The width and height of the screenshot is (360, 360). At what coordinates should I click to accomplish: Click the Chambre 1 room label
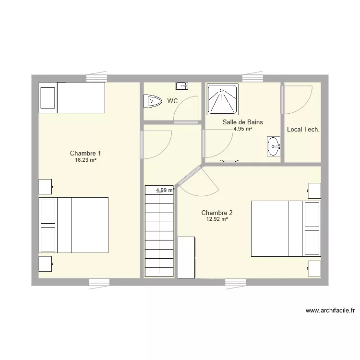(x=85, y=153)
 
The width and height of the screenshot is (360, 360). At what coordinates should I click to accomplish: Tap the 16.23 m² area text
(x=85, y=160)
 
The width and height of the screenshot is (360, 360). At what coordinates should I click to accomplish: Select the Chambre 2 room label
(x=217, y=213)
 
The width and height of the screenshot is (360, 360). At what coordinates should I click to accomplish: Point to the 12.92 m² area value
(x=217, y=219)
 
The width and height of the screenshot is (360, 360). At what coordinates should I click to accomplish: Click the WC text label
(x=172, y=101)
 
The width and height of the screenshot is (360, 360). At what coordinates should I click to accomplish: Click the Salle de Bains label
(x=242, y=122)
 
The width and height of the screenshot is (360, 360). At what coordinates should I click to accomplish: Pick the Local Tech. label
(x=303, y=129)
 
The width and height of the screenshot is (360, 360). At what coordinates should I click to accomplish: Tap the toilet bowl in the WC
(x=152, y=101)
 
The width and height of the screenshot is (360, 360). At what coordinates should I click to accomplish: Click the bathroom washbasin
(x=274, y=146)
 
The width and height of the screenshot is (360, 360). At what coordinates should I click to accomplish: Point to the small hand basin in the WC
(x=182, y=86)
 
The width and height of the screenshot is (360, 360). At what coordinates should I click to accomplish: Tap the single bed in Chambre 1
(x=72, y=97)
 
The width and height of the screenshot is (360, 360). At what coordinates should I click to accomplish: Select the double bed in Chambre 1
(x=73, y=225)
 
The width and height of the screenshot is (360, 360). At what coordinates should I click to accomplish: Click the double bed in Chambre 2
(x=286, y=229)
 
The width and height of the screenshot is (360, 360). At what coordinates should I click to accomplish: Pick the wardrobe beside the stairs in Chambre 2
(x=186, y=257)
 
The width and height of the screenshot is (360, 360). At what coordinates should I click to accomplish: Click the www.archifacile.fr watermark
(x=330, y=311)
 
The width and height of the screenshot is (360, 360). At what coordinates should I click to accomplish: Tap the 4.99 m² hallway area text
(x=165, y=191)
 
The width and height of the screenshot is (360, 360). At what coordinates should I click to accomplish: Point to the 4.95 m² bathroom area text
(x=242, y=129)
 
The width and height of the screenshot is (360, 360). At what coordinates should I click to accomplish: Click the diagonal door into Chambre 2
(x=189, y=176)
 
